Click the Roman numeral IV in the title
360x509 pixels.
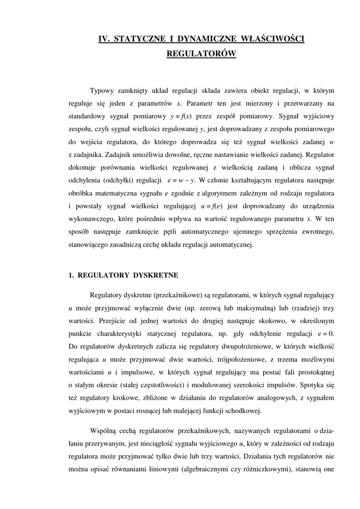(104, 39)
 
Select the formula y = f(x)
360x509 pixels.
(181, 117)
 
